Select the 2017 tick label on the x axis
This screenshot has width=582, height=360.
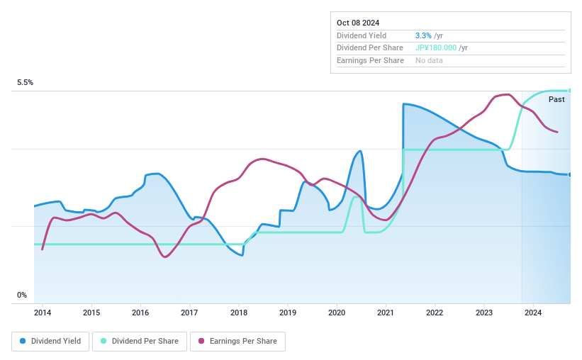pos(189,313)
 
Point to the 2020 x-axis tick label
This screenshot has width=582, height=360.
pos(337,313)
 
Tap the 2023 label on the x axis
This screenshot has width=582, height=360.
pos(483,313)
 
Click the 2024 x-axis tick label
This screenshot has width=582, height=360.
pos(533,313)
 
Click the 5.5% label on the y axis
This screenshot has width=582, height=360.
pos(26,83)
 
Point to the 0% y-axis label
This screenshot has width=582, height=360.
pos(22,296)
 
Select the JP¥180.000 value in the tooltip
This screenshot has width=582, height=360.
pos(436,48)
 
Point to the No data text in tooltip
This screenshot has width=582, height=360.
pos(430,61)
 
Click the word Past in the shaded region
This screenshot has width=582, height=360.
pos(556,100)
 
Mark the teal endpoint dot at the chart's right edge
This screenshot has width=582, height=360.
pos(569,91)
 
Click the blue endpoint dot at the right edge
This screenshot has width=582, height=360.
pos(569,174)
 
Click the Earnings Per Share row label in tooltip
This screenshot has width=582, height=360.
pos(370,61)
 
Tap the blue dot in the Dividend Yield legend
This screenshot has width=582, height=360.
pos(23,341)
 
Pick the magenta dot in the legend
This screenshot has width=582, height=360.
pos(201,341)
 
